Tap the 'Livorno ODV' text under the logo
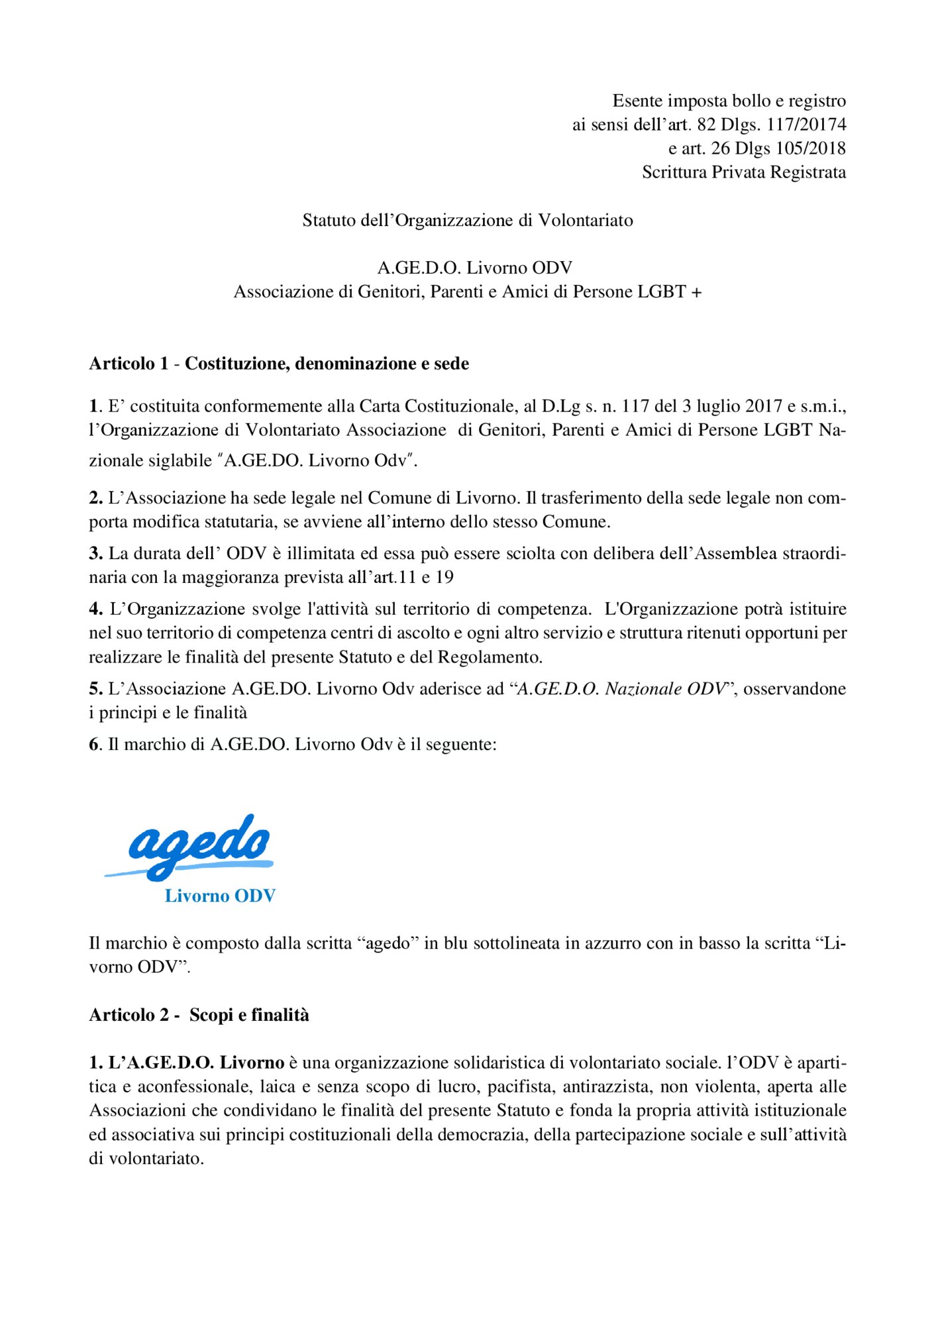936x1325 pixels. click(x=220, y=896)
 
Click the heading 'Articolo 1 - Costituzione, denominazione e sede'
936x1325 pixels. click(x=279, y=364)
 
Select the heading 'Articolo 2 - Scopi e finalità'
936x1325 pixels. click(x=199, y=1015)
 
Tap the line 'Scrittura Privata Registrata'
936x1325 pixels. click(x=743, y=172)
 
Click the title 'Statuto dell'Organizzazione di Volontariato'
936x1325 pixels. click(x=468, y=221)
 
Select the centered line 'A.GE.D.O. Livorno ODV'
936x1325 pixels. click(x=474, y=268)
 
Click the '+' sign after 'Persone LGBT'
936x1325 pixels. click(x=696, y=292)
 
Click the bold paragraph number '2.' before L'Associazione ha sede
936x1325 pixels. click(x=96, y=498)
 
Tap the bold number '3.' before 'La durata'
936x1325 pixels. click(x=96, y=554)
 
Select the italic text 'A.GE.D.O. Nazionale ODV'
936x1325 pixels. click(x=621, y=689)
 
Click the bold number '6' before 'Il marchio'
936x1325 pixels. click(x=94, y=745)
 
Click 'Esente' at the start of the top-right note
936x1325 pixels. click(x=637, y=101)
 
